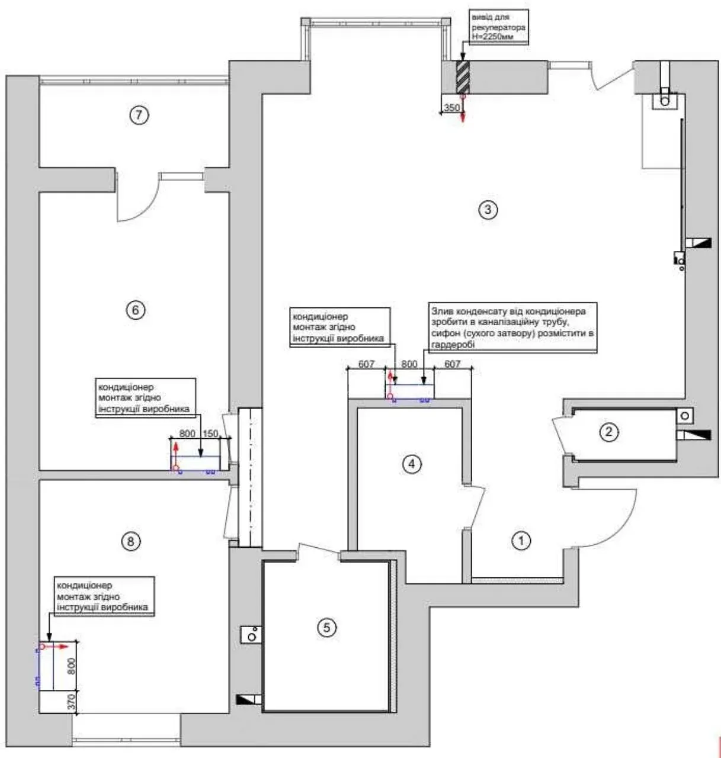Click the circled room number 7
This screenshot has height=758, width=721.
coord(139,115)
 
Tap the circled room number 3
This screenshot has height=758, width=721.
coord(488,210)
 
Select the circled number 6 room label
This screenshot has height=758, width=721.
coord(136,310)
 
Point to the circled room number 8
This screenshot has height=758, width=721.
coord(131,542)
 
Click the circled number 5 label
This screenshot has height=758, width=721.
coord(326,628)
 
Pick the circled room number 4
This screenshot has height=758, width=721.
coord(412,464)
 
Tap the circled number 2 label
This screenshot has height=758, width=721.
coord(608,432)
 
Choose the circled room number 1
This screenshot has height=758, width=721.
coord(521,541)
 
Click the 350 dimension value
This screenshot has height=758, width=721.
coord(451,108)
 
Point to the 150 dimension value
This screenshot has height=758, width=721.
coord(210,433)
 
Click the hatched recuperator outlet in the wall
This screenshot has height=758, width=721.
coord(463,77)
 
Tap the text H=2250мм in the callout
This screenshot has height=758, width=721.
coord(493,37)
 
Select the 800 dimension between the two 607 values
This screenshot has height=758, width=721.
coord(409,364)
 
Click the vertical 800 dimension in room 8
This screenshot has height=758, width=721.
coord(71,666)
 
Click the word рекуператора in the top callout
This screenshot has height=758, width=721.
coord(498,27)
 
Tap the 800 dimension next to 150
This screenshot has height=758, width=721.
coord(187,433)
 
